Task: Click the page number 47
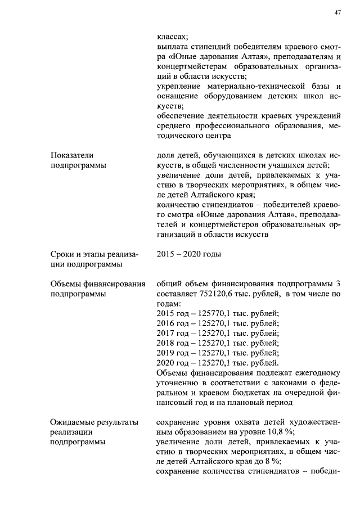tap(337, 12)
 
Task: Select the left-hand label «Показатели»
tap(72, 155)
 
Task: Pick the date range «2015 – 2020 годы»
tap(188, 254)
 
